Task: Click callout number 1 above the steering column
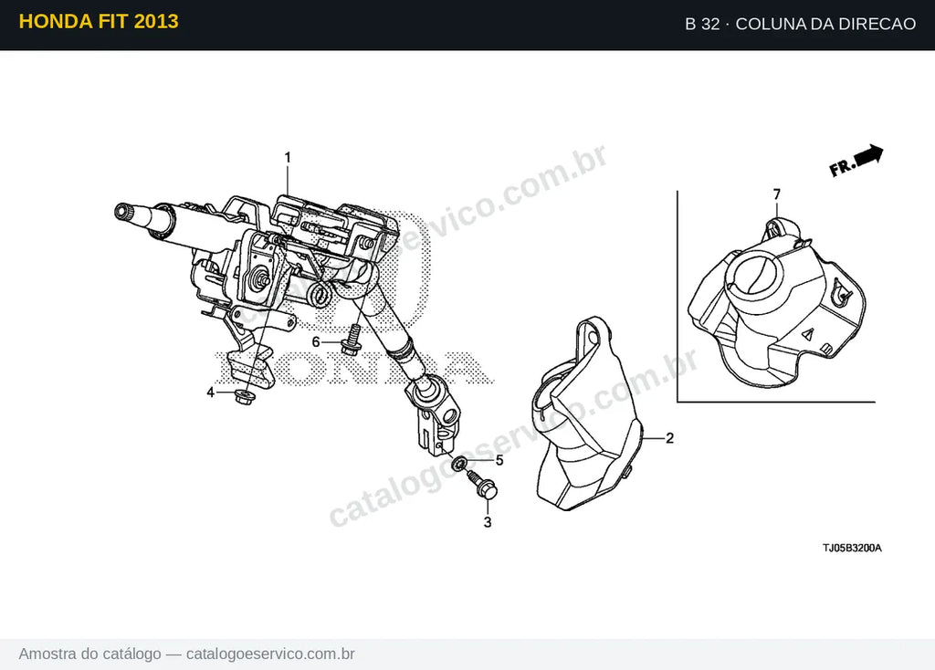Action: pyautogui.click(x=288, y=157)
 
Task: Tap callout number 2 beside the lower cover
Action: pyautogui.click(x=669, y=438)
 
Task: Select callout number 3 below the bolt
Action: pyautogui.click(x=488, y=522)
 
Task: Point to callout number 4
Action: pyautogui.click(x=211, y=393)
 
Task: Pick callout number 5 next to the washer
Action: pyautogui.click(x=499, y=460)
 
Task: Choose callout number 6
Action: pyautogui.click(x=316, y=342)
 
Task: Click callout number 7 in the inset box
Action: pyautogui.click(x=776, y=194)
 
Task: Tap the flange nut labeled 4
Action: pyautogui.click(x=243, y=396)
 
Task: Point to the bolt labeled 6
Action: pyautogui.click(x=352, y=340)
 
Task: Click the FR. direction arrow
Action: pyautogui.click(x=856, y=161)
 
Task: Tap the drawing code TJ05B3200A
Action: pyautogui.click(x=852, y=548)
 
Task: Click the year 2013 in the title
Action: pyautogui.click(x=156, y=22)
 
